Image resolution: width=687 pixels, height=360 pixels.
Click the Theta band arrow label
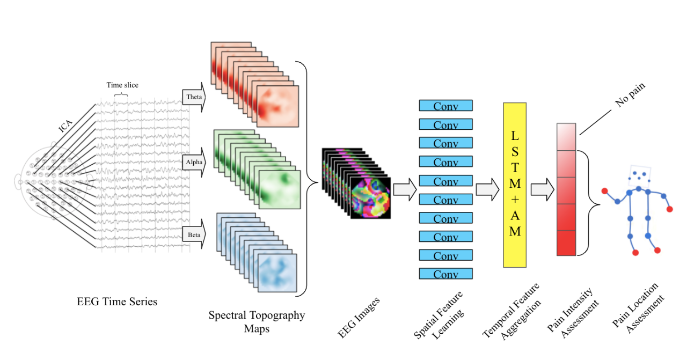[193, 97]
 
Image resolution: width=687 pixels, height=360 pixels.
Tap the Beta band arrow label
[193, 234]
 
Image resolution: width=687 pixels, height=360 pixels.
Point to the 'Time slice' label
[122, 85]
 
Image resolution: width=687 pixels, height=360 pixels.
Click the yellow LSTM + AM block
[515, 185]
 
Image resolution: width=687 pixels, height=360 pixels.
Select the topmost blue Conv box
[445, 106]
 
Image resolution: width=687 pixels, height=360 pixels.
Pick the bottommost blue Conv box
[445, 274]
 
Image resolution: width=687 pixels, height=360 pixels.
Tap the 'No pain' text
[630, 95]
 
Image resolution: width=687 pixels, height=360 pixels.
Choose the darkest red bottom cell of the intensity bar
[566, 243]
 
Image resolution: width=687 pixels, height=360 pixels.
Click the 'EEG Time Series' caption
[117, 302]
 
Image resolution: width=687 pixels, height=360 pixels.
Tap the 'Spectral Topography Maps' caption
[257, 321]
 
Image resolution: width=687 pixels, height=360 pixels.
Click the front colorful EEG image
[370, 198]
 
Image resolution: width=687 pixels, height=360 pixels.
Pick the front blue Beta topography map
[277, 272]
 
